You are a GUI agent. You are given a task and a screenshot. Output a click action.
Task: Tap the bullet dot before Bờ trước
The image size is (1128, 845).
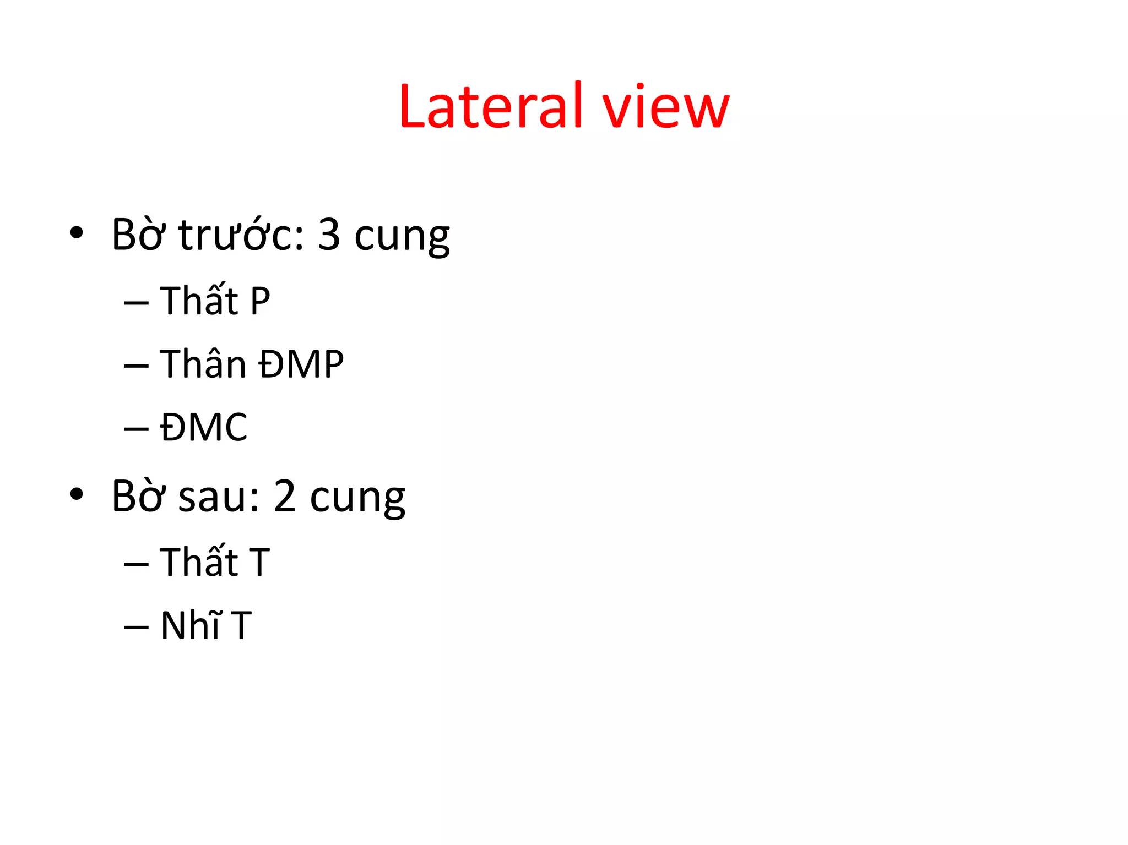[x=77, y=233]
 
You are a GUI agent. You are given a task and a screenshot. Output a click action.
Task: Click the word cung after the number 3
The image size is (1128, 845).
[x=402, y=237]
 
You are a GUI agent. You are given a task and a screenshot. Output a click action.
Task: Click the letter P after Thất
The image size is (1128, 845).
[x=260, y=301]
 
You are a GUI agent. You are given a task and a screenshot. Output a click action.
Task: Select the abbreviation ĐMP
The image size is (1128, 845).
[x=301, y=364]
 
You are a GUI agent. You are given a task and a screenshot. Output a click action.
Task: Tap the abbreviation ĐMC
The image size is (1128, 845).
[x=204, y=427]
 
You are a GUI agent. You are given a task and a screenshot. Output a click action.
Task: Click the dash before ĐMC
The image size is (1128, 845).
[x=136, y=428]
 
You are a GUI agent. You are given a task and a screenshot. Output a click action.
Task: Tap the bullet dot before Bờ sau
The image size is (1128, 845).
[x=77, y=494]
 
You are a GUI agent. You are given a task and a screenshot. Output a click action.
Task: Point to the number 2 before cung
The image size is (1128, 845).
[x=285, y=496]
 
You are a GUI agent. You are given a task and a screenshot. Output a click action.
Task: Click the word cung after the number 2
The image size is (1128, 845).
[x=357, y=498]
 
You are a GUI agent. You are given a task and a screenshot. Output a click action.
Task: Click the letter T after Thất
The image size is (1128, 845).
[x=259, y=563]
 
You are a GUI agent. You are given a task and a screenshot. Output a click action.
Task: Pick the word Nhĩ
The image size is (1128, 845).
[x=191, y=625]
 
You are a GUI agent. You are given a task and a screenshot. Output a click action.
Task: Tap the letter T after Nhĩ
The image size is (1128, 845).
[x=241, y=626]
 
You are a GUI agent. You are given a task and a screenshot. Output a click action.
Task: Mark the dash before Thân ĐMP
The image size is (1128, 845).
[x=136, y=365]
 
